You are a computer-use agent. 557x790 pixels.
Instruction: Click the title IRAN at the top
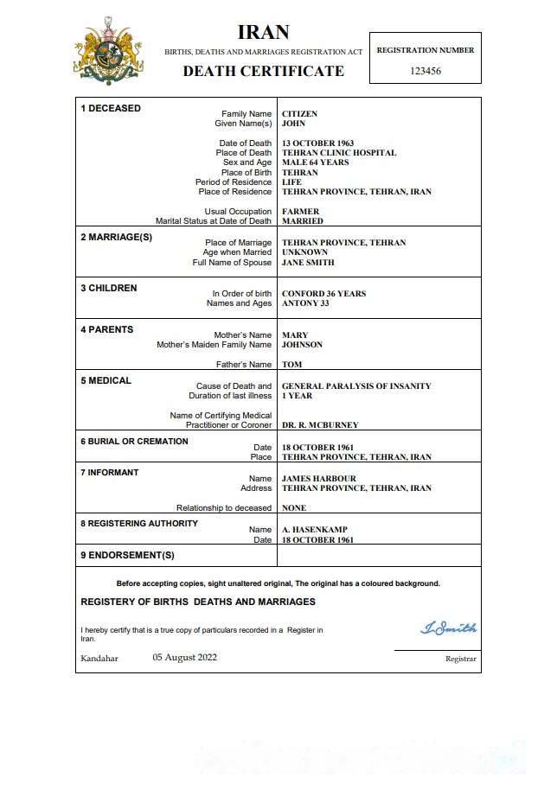[263, 34]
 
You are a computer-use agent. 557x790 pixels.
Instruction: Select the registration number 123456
[425, 71]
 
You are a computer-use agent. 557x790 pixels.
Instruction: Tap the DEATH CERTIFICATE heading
[263, 71]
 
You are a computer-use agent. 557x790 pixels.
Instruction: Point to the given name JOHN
[294, 124]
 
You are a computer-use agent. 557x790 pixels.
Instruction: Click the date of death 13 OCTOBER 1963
[317, 143]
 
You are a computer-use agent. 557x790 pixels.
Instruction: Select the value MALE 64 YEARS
[315, 162]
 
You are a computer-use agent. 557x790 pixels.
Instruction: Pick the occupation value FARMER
[300, 211]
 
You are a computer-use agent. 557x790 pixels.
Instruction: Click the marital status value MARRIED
[302, 220]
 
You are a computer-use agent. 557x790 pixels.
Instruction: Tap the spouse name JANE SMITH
[308, 262]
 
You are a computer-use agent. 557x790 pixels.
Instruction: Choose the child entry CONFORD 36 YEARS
[323, 293]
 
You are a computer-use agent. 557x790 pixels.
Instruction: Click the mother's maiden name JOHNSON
[302, 344]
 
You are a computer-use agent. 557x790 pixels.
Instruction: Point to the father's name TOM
[291, 364]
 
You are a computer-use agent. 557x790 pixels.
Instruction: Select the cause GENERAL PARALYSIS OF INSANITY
[356, 385]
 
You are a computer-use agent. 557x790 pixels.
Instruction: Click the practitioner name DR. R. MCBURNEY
[320, 424]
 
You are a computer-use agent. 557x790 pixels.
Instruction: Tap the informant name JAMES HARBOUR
[318, 478]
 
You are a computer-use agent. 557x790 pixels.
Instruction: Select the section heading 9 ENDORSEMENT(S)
[127, 555]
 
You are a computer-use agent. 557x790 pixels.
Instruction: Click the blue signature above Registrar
[448, 628]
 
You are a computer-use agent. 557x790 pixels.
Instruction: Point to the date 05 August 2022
[185, 657]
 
